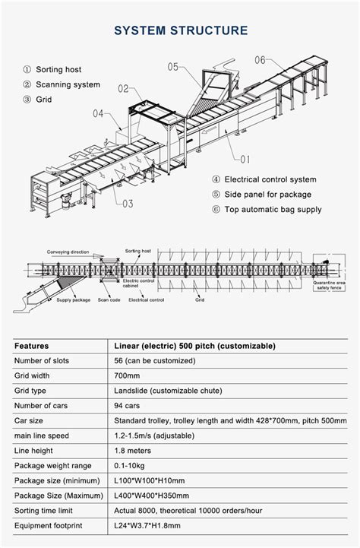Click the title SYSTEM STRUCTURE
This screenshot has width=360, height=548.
click(180, 30)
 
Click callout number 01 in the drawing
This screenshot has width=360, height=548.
click(245, 160)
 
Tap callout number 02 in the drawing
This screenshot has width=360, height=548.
click(123, 89)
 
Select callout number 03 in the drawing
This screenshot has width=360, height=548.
click(126, 203)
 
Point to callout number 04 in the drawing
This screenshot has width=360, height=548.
click(99, 113)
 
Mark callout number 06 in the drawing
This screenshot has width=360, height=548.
click(260, 59)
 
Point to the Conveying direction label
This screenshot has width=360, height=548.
click(68, 252)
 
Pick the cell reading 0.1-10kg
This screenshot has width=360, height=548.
click(131, 465)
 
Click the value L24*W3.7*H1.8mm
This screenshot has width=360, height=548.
click(149, 525)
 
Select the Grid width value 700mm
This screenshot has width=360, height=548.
click(127, 375)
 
